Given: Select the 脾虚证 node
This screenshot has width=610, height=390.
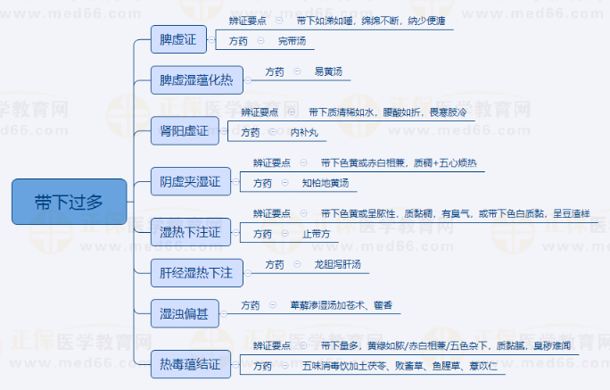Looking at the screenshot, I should coord(177,38).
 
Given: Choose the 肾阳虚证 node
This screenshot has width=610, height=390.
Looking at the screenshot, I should coord(184,132).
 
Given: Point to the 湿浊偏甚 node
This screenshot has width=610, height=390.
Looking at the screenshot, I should coord(184,313).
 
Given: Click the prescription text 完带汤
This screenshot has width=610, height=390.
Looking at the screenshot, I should coord(292,41).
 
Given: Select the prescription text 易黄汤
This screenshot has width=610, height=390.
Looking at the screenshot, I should coord(328,71).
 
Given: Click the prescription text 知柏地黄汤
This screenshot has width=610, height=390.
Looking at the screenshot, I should coord(325,183).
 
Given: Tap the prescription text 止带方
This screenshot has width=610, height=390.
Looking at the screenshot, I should coord(316,234).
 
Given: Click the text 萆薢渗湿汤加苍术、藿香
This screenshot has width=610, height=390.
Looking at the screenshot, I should coord(341,305).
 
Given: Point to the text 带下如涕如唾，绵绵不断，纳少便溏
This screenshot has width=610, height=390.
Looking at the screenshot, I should coord(370,20).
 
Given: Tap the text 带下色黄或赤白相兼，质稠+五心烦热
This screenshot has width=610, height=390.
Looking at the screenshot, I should coord(399,163).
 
